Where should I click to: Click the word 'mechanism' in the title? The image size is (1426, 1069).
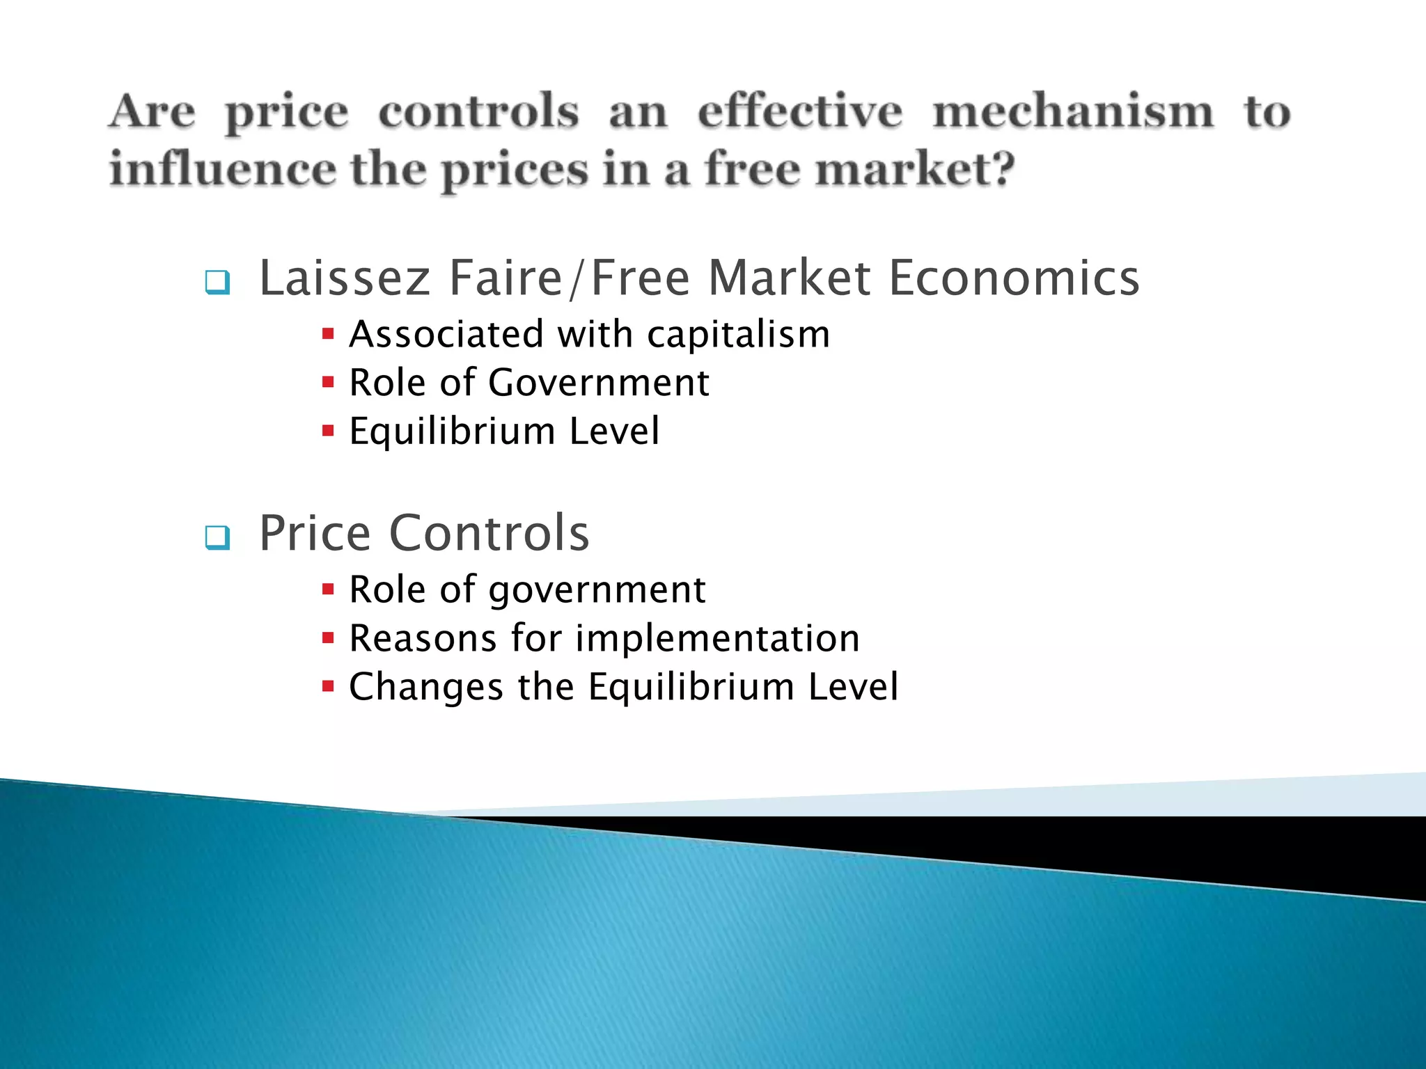pyautogui.click(x=1073, y=113)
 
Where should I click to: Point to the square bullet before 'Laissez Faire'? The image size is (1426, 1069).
pyautogui.click(x=217, y=282)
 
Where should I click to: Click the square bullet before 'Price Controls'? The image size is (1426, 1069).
pyautogui.click(x=217, y=537)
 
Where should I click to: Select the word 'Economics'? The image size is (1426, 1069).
pyautogui.click(x=1014, y=278)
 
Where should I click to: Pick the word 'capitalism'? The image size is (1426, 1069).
pyautogui.click(x=739, y=334)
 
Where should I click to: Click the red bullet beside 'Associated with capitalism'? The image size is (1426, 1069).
pyautogui.click(x=329, y=334)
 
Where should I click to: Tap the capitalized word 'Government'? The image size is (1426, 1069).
pyautogui.click(x=599, y=383)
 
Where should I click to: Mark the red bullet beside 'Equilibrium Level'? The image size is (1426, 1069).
pyautogui.click(x=329, y=431)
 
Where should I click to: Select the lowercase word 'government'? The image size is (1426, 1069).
pyautogui.click(x=597, y=591)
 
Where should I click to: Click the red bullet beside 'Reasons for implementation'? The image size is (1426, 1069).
pyautogui.click(x=329, y=638)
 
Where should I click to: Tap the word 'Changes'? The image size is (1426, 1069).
pyautogui.click(x=426, y=687)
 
